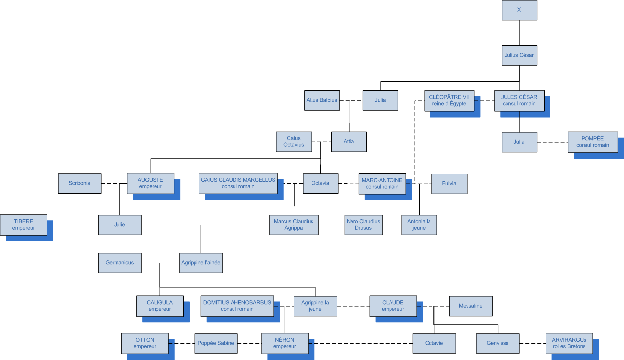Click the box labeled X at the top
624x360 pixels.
coord(519,10)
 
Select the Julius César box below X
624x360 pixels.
coord(519,55)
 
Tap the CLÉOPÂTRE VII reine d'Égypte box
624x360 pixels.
coord(449,100)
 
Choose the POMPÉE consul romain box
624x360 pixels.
coord(592,142)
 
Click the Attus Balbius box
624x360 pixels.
coord(321,100)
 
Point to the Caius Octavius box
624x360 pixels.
coord(294,142)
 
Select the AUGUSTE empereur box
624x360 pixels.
coord(150,183)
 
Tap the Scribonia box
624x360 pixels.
coord(79,183)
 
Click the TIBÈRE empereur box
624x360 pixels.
coord(24,225)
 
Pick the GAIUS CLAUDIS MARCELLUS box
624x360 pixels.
coord(238,183)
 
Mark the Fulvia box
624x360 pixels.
coord(449,183)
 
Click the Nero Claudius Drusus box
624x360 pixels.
coord(363,225)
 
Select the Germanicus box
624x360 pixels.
coord(119,263)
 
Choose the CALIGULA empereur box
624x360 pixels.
coord(159,306)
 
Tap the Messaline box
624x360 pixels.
coord(470,306)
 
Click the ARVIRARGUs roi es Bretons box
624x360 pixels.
coord(569,343)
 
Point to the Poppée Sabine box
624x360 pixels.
coord(215,343)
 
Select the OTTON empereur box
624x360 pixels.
coord(145,343)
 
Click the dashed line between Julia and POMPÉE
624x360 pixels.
coord(552,142)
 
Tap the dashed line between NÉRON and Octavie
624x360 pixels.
coord(360,343)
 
